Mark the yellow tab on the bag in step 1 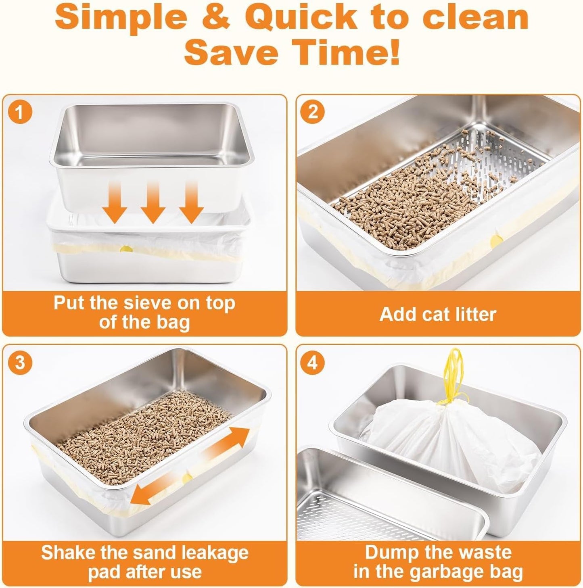click(126, 249)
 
